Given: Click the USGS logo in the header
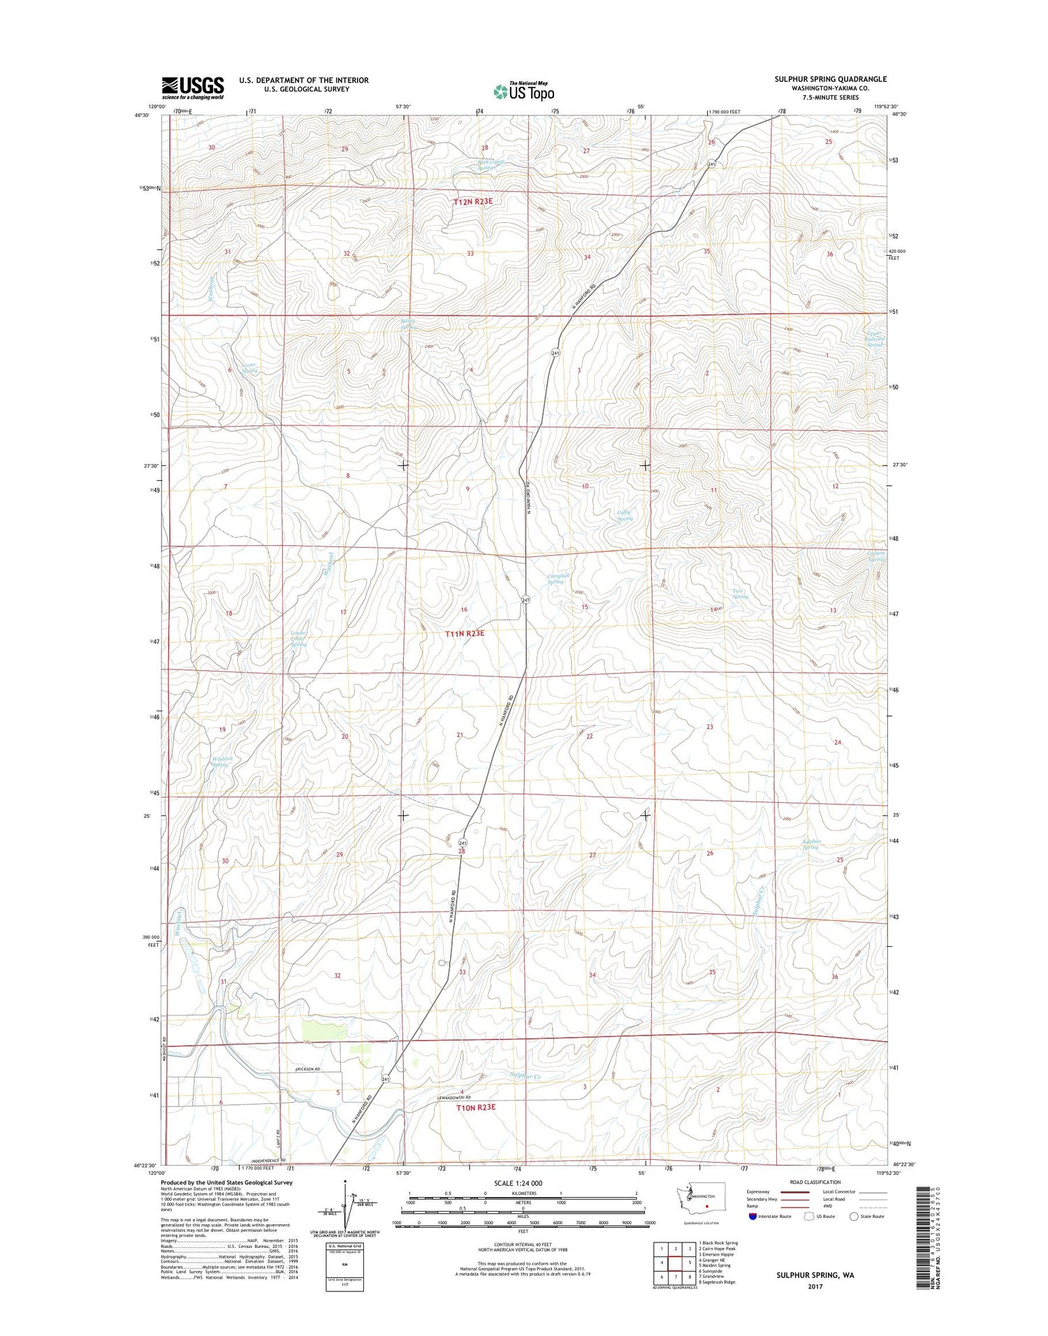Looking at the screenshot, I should point(193,87).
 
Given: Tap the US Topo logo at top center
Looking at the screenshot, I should point(524,91).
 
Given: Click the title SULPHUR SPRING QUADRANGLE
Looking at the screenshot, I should point(830,79).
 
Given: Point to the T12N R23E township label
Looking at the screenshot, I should point(473,201).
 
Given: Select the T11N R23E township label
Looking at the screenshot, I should point(465,633).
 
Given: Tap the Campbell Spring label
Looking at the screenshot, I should point(558,579).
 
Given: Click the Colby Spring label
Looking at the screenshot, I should point(624,515).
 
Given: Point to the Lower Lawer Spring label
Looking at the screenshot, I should point(298,639).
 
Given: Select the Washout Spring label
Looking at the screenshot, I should point(221,762).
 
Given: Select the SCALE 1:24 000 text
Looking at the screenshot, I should point(517,1183).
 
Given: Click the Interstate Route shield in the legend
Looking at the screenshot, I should point(752,1217).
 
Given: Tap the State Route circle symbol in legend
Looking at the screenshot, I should point(854,1217).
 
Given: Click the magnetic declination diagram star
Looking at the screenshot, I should point(345,1182).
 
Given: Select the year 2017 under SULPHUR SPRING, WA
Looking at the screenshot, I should point(815,1286).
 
